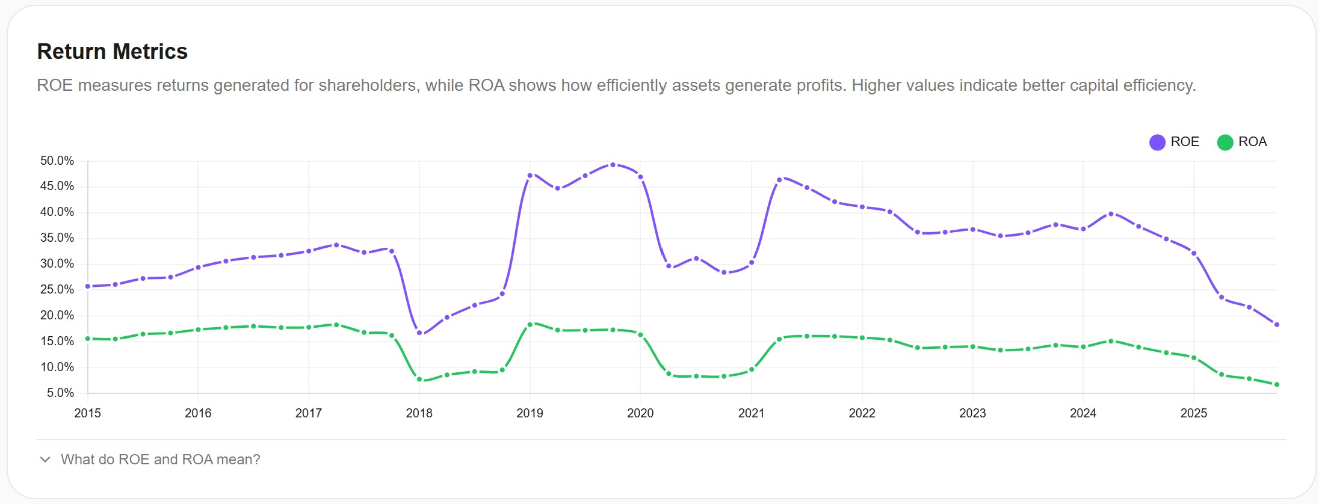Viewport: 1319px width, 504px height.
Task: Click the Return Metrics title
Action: pyautogui.click(x=113, y=52)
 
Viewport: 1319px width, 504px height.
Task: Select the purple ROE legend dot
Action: pyautogui.click(x=1157, y=143)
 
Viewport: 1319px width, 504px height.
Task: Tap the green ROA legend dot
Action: pyautogui.click(x=1225, y=143)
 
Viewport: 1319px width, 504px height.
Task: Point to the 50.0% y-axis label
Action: pyautogui.click(x=57, y=161)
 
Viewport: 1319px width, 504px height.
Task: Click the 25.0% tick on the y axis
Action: pyautogui.click(x=57, y=289)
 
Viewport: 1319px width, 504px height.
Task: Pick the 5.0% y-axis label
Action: pyautogui.click(x=60, y=393)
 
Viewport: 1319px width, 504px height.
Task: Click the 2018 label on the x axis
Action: pyautogui.click(x=419, y=413)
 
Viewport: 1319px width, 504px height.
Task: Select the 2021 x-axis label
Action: pyautogui.click(x=751, y=413)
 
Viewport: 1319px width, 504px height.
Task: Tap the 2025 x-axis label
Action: pyautogui.click(x=1193, y=413)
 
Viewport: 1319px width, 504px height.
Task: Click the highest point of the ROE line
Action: pyautogui.click(x=613, y=165)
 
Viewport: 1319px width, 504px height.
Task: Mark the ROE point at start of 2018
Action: pyautogui.click(x=419, y=333)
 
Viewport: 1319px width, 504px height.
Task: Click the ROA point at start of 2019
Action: pyautogui.click(x=530, y=325)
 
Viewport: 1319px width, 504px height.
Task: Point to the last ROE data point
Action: pyautogui.click(x=1276, y=325)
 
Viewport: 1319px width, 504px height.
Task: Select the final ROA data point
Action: pyautogui.click(x=1276, y=384)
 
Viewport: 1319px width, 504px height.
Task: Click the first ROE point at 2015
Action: pyautogui.click(x=88, y=286)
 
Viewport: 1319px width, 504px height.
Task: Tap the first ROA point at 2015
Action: pyautogui.click(x=88, y=339)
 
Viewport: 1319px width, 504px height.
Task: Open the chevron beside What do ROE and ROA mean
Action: pyautogui.click(x=45, y=459)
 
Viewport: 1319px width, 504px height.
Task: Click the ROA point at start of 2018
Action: pyautogui.click(x=419, y=380)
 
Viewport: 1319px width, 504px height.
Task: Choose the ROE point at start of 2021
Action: pyautogui.click(x=752, y=263)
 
